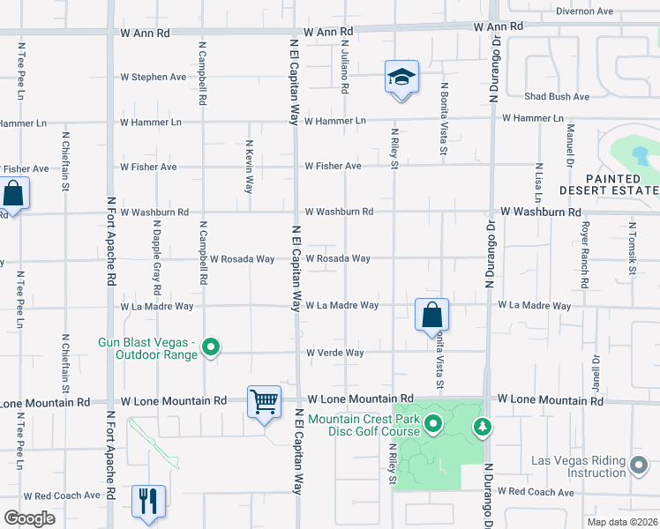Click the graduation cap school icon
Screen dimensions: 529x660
pos(401,77)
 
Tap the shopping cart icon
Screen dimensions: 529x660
pos(264,402)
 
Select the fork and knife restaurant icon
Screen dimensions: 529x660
pos(148,501)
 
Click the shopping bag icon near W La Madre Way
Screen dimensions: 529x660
pos(431,315)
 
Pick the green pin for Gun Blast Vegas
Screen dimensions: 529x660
pos(211,348)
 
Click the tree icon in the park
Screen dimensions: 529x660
pos(482,428)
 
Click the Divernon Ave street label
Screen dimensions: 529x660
pos(584,11)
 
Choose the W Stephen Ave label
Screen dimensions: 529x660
pos(154,77)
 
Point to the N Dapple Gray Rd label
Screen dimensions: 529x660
pos(157,261)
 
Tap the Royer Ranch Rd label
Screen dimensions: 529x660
pos(584,255)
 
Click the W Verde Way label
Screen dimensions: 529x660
pos(334,353)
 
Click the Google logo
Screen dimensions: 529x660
pos(29,518)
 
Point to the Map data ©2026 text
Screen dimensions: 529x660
pos(622,522)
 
